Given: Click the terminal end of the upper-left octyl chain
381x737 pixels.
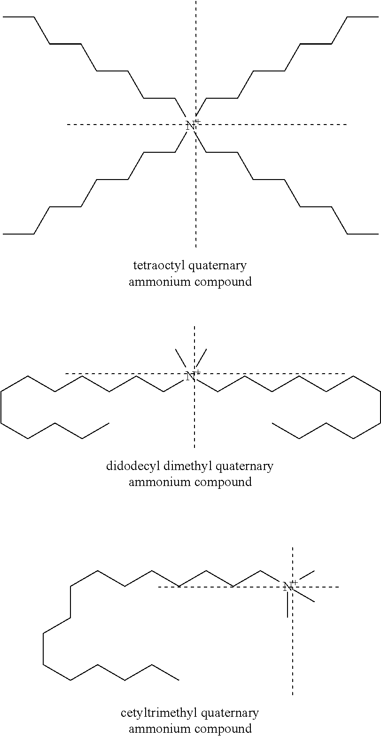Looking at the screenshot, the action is coord(3,16).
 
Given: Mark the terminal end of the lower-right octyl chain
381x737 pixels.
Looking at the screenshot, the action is coord(378,234).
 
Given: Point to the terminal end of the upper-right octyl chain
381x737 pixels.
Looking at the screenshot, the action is coord(378,16).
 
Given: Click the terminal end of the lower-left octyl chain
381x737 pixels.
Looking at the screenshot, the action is coord(3,234).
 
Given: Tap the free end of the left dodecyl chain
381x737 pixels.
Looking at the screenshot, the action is coord(109,423).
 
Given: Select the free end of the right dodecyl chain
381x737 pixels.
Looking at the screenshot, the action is coord(272,423).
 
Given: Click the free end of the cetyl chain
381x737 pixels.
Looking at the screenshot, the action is coord(179,680).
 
